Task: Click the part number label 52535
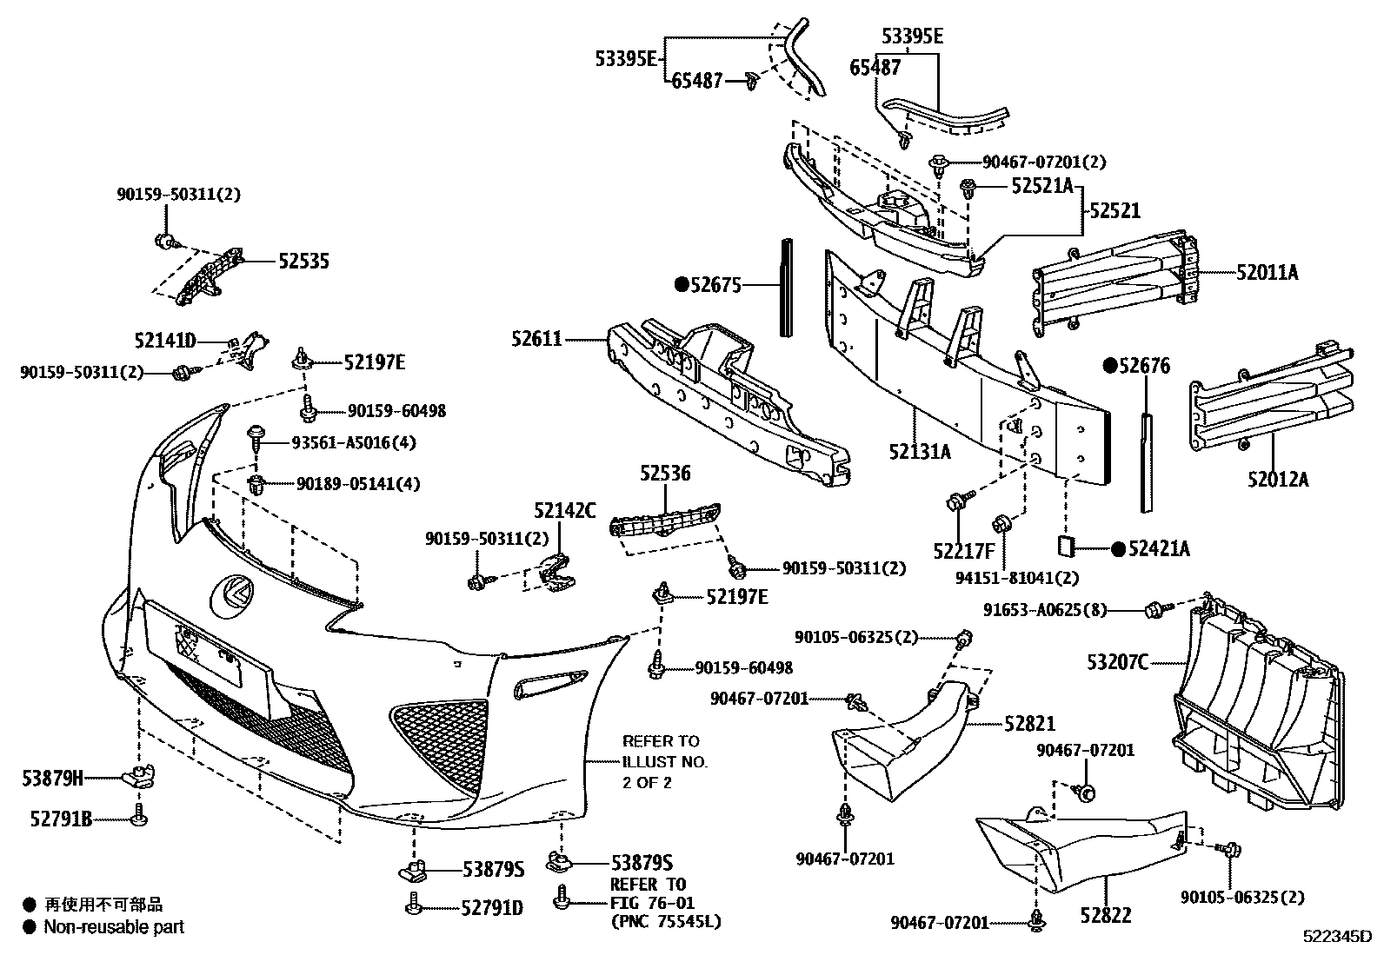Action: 303,262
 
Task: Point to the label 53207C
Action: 1117,663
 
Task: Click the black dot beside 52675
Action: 682,284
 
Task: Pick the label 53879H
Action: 53,779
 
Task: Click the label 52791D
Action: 493,908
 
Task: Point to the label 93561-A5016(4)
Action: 355,442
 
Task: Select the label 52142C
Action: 565,511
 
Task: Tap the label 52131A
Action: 920,452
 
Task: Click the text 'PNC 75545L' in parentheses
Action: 666,922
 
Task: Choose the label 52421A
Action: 1159,548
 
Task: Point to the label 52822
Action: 1106,915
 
